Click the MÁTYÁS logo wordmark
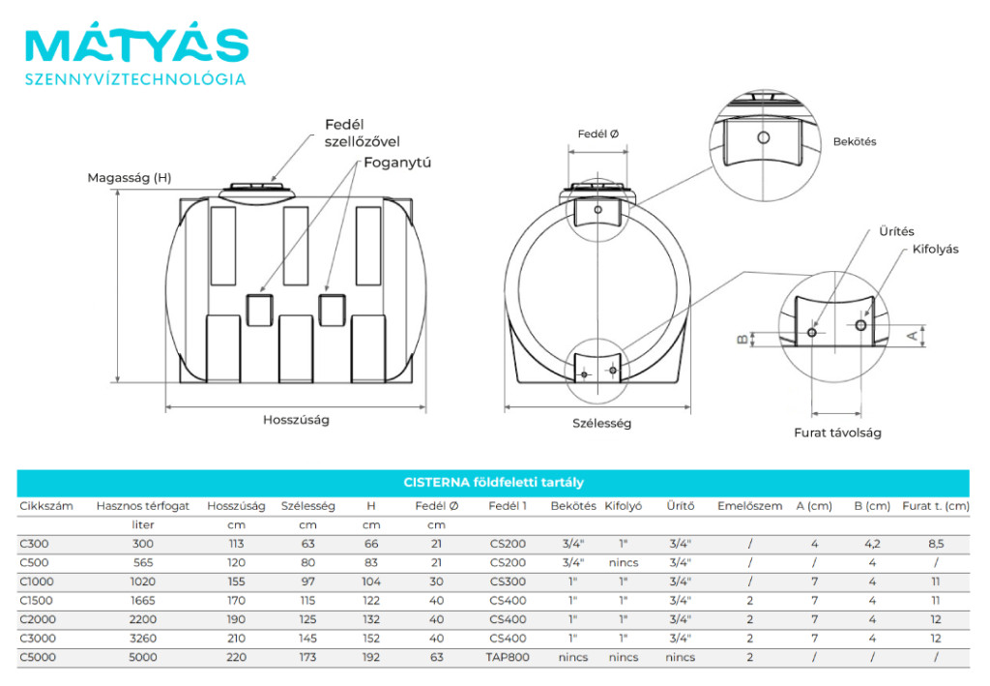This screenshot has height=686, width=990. pyautogui.click(x=136, y=45)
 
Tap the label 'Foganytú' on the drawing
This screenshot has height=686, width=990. pyautogui.click(x=397, y=163)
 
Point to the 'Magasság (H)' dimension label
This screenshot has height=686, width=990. pyautogui.click(x=129, y=178)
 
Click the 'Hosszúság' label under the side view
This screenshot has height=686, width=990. pyautogui.click(x=296, y=420)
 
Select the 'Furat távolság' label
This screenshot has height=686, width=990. pyautogui.click(x=837, y=432)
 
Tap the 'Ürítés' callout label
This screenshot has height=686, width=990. pyautogui.click(x=896, y=232)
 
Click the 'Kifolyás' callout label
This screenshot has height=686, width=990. pyautogui.click(x=935, y=249)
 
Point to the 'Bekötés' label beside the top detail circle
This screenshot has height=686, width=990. pyautogui.click(x=855, y=141)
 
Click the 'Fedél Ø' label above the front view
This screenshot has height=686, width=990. pyautogui.click(x=598, y=134)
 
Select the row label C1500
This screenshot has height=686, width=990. pyautogui.click(x=37, y=600)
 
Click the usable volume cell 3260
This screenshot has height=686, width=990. pyautogui.click(x=142, y=638)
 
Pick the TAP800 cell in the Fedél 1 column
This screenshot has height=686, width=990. pyautogui.click(x=508, y=657)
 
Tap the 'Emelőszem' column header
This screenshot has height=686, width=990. pyautogui.click(x=749, y=506)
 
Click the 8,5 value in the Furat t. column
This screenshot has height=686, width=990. pyautogui.click(x=935, y=544)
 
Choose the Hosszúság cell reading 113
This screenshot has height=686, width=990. pyautogui.click(x=237, y=544)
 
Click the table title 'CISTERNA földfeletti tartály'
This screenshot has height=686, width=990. pyautogui.click(x=493, y=482)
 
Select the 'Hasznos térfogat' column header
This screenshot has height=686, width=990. pyautogui.click(x=143, y=506)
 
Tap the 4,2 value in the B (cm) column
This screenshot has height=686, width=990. pyautogui.click(x=872, y=544)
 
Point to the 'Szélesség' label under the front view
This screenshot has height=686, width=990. pyautogui.click(x=601, y=423)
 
